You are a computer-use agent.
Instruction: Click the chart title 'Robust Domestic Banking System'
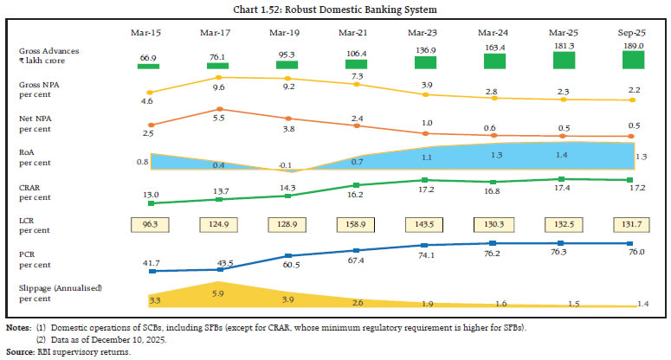pos(335,10)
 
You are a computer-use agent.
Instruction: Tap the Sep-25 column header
pos(633,32)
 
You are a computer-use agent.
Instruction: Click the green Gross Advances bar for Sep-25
pos(633,60)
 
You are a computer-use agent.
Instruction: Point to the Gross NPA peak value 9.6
pos(218,88)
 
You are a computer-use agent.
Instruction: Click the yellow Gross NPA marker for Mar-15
pos(151,92)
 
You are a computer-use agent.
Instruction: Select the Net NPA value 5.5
pos(218,117)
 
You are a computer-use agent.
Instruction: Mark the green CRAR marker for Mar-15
pos(151,203)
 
